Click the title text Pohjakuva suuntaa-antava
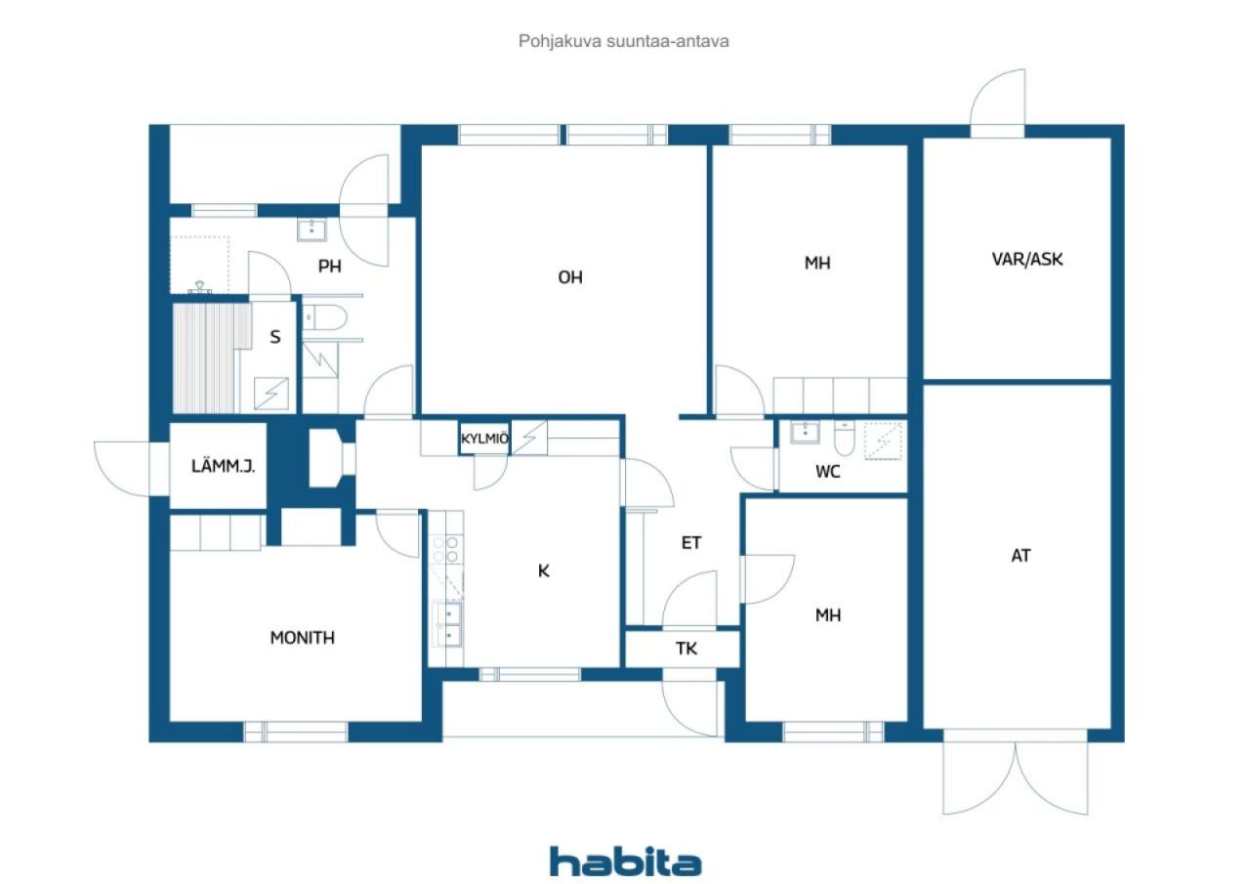(623, 41)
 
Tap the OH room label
(569, 277)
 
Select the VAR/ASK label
(1026, 259)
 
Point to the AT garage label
(1021, 555)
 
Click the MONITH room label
(302, 637)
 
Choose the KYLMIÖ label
(484, 439)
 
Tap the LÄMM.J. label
(223, 465)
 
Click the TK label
(687, 649)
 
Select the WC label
(827, 472)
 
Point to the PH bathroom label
(329, 267)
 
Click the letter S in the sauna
(274, 337)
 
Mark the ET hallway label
(690, 542)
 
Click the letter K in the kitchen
(543, 570)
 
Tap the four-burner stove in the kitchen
(446, 549)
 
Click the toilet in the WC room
(844, 439)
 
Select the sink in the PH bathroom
(312, 230)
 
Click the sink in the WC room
(805, 433)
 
